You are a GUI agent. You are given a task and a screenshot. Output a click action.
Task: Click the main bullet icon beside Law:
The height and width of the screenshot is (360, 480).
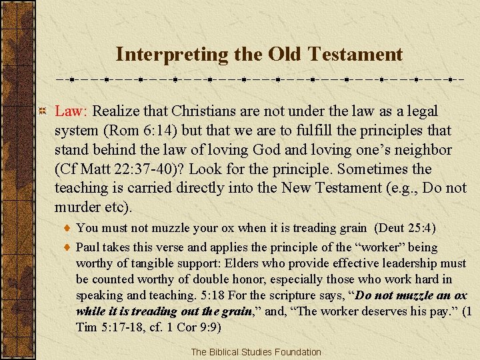click(x=42, y=111)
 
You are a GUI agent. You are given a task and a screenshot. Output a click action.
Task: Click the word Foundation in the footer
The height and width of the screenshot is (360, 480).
click(x=297, y=351)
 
